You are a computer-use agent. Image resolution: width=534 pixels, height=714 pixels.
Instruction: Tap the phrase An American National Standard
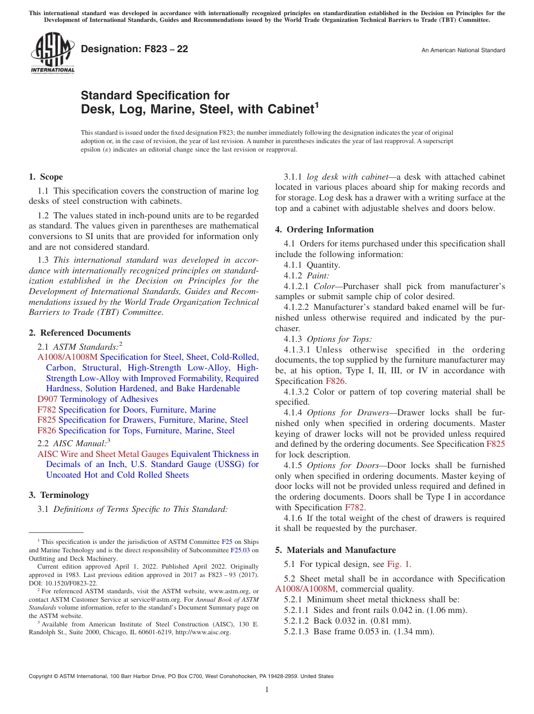pyautogui.click(x=463, y=51)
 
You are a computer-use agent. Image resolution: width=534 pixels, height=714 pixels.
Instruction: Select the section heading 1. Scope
pyautogui.click(x=46, y=177)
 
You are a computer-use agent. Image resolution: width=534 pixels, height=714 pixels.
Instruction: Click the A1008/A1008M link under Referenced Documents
pyautogui.click(x=67, y=357)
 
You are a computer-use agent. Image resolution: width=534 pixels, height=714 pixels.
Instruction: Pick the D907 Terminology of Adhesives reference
pyautogui.click(x=97, y=399)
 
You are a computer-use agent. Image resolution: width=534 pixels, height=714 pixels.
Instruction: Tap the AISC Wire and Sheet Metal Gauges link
pyautogui.click(x=102, y=454)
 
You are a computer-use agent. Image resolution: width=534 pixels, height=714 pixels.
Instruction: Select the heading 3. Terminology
pyautogui.click(x=59, y=495)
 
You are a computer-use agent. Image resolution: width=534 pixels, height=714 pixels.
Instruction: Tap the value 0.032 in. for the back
pyautogui.click(x=347, y=620)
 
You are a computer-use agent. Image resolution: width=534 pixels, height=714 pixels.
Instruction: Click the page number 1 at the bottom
pyautogui.click(x=267, y=690)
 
